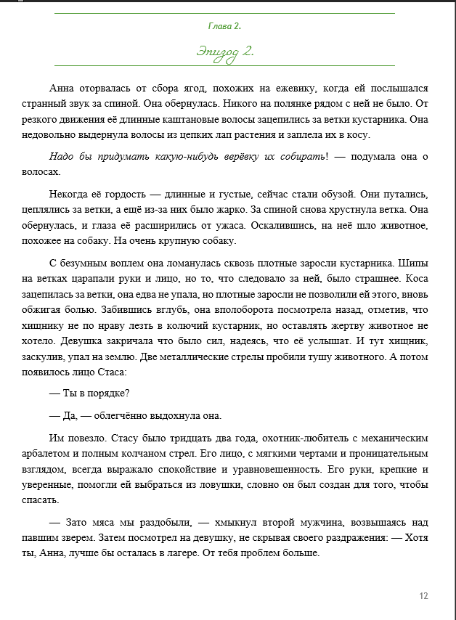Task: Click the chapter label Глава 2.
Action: coord(224,26)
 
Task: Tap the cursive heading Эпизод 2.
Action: coord(224,52)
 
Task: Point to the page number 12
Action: coord(423,596)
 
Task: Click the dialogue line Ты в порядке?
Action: coord(89,394)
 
